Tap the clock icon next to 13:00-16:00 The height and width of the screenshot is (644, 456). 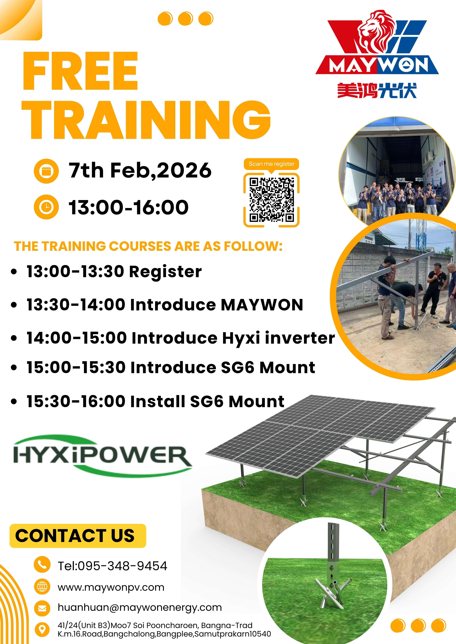[x=46, y=207]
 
